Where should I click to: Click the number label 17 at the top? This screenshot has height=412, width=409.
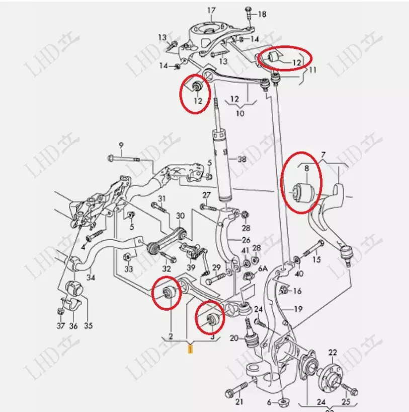[x=211, y=10]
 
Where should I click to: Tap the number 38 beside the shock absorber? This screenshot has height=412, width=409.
[x=242, y=159]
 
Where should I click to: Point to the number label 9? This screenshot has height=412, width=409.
[x=121, y=146]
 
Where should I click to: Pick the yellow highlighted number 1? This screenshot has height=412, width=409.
[x=190, y=348]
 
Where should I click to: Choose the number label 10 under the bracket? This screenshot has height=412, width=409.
[x=239, y=113]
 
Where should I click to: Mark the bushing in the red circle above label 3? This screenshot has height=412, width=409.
[x=210, y=318]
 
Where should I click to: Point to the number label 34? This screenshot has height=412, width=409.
[x=91, y=277]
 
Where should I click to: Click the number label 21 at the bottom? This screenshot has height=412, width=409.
[x=239, y=401]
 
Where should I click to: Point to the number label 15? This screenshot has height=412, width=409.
[x=316, y=260]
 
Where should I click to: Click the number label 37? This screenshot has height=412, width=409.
[x=60, y=326]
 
